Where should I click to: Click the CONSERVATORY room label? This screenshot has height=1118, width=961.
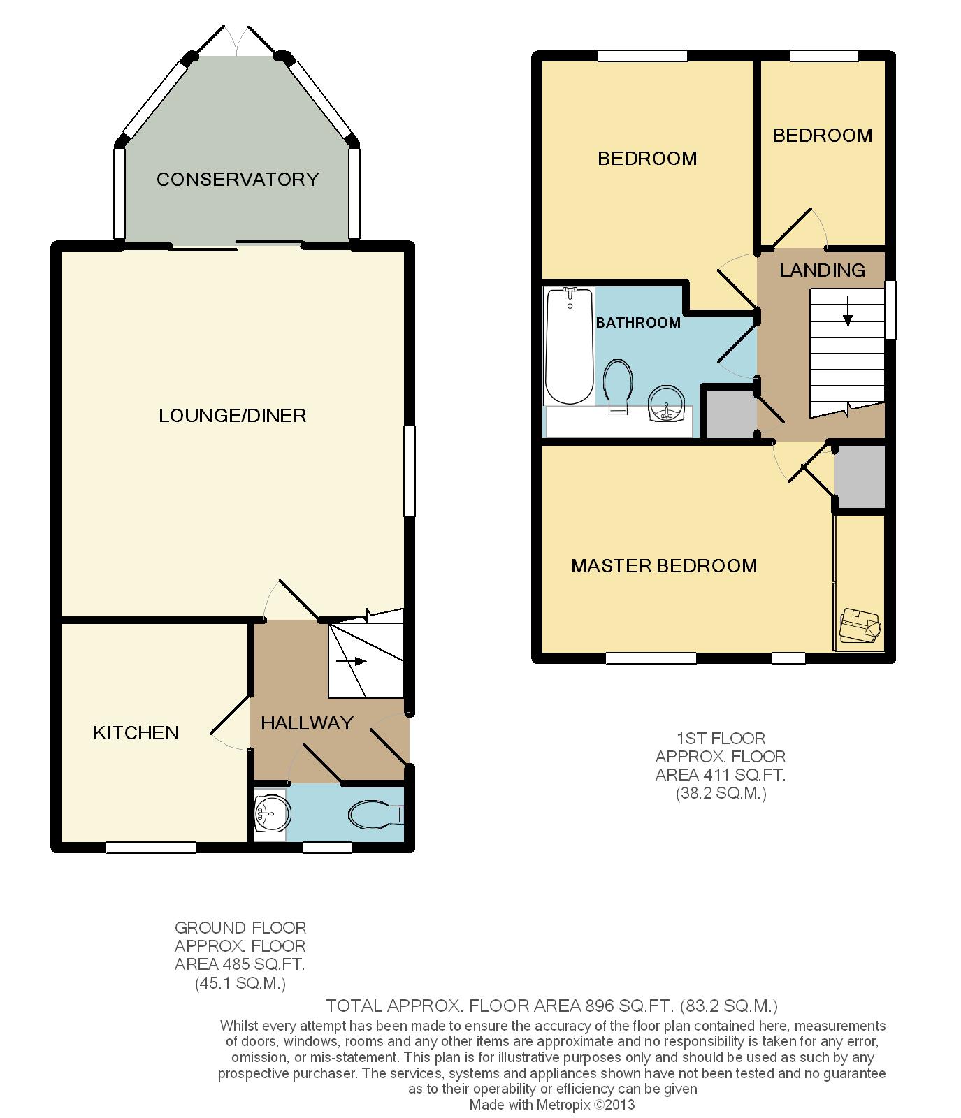238,180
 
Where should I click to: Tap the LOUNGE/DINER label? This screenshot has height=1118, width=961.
233,416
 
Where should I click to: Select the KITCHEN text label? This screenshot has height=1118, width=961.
136,733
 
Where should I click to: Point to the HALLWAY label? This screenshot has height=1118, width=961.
308,723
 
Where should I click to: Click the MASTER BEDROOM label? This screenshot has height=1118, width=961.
664,566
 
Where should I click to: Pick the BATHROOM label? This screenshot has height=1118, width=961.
638,323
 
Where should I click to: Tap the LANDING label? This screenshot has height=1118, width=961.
823,270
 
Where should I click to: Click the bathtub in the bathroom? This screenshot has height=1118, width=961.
570,346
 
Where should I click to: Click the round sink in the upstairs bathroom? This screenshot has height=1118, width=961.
665,405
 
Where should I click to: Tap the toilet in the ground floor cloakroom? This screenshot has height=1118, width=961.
375,814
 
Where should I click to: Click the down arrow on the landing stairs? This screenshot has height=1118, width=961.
848,312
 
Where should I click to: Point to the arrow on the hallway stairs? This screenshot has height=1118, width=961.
352,662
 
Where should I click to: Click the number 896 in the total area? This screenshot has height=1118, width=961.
598,1006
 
